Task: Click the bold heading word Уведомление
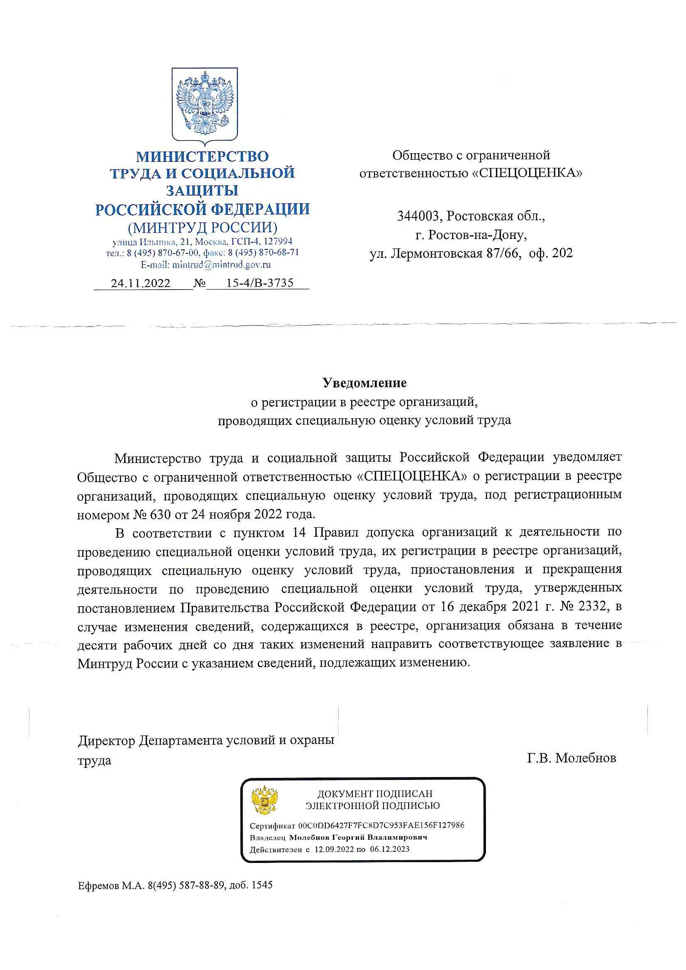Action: pyautogui.click(x=364, y=383)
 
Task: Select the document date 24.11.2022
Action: pyautogui.click(x=140, y=283)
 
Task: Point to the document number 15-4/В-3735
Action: pyautogui.click(x=259, y=283)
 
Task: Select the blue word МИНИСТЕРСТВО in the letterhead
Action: pyautogui.click(x=202, y=157)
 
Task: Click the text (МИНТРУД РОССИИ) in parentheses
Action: pyautogui.click(x=203, y=228)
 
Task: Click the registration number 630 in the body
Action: pyautogui.click(x=159, y=514)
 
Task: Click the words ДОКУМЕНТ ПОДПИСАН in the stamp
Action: pyautogui.click(x=375, y=794)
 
